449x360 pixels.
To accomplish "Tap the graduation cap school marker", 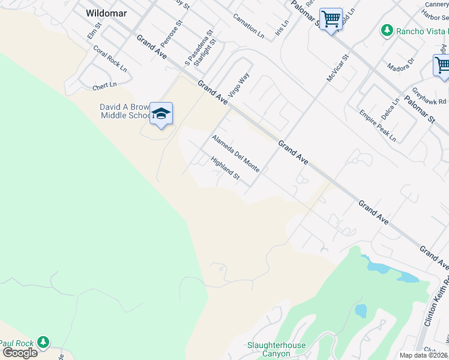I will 161,113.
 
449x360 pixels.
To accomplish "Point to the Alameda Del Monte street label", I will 235,153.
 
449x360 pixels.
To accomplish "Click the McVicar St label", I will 337,69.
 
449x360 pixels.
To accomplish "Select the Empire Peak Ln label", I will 378,125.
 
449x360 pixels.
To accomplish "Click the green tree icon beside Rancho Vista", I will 387,30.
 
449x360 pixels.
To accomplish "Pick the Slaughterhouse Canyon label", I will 277,349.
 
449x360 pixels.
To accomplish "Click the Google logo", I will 20,352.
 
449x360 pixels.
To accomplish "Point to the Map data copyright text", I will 423,355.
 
